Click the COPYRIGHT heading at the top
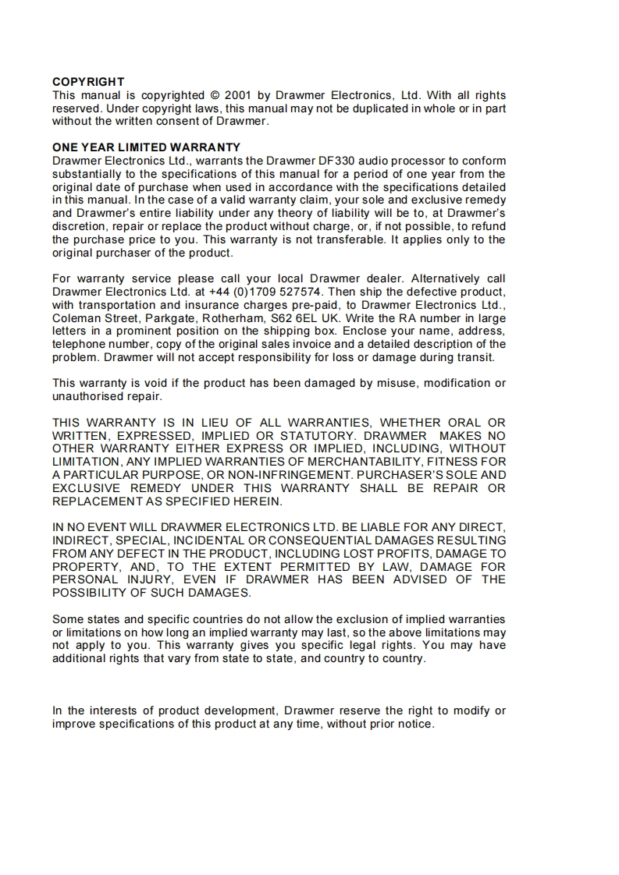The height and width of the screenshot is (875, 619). point(88,82)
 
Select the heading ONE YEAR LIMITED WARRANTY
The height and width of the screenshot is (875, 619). point(146,147)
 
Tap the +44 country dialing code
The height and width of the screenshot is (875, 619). point(220,292)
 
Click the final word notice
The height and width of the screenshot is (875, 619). point(414,724)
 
